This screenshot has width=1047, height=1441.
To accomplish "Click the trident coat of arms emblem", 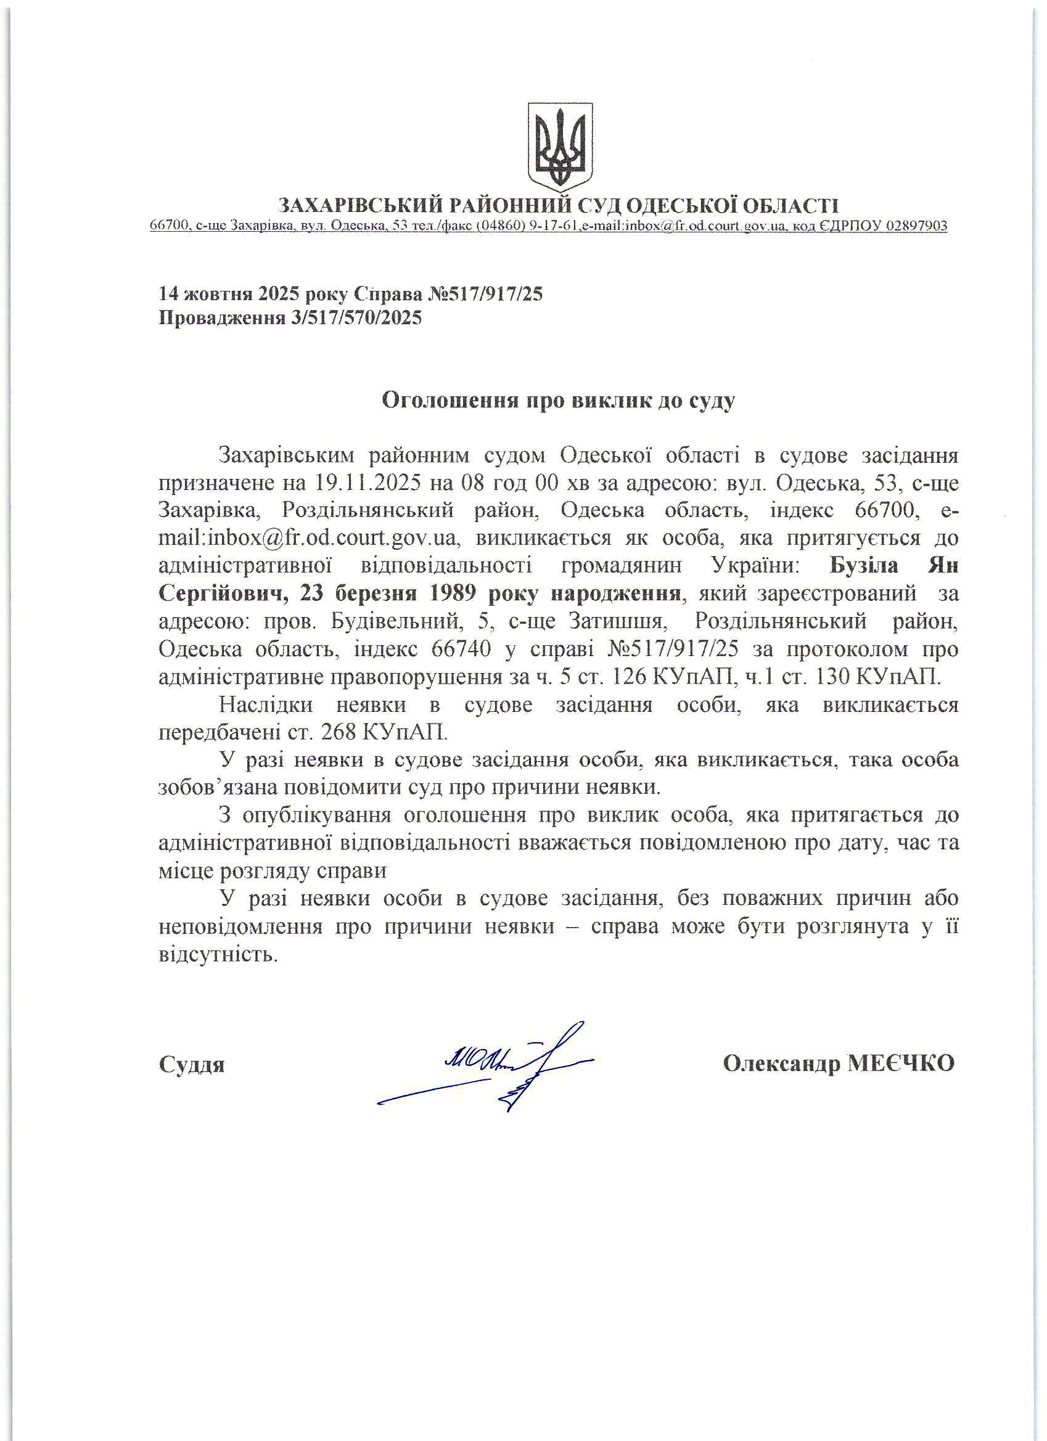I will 560,146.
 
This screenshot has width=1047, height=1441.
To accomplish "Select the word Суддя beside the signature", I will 191,1065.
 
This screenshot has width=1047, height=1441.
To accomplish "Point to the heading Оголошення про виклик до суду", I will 558,400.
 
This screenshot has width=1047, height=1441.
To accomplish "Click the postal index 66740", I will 461,650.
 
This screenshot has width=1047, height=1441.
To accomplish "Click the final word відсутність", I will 218,955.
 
